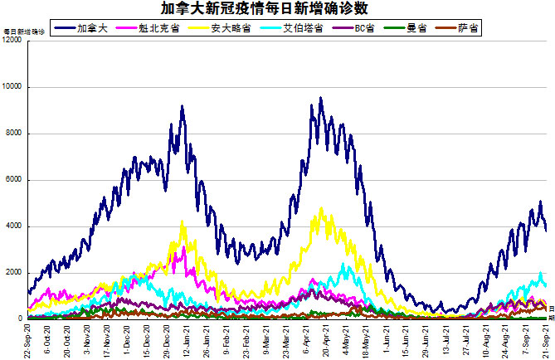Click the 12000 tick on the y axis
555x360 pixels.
tap(12, 41)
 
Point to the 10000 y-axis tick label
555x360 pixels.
tap(12, 87)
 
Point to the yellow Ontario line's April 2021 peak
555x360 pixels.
tap(320, 209)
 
